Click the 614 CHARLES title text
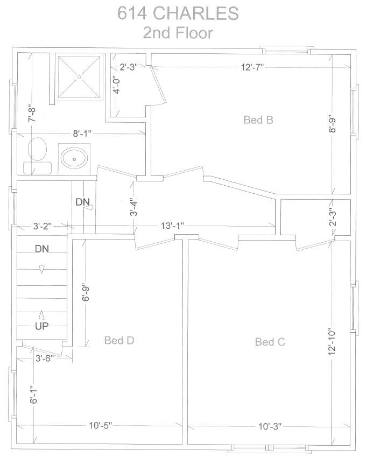click(178, 13)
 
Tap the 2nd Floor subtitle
click(178, 33)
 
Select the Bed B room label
click(258, 120)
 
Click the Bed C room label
click(270, 342)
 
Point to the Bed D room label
click(119, 340)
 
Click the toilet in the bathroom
click(37, 156)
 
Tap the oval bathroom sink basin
click(74, 159)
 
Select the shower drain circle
click(79, 77)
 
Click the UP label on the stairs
click(42, 326)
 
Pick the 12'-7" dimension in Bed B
click(252, 67)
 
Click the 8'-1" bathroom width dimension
click(82, 133)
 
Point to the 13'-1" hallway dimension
click(172, 226)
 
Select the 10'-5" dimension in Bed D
click(101, 426)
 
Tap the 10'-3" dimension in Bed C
click(270, 426)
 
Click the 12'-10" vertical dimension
click(332, 342)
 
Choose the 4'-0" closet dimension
click(117, 85)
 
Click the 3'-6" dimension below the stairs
click(45, 358)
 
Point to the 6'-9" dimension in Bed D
click(86, 293)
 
